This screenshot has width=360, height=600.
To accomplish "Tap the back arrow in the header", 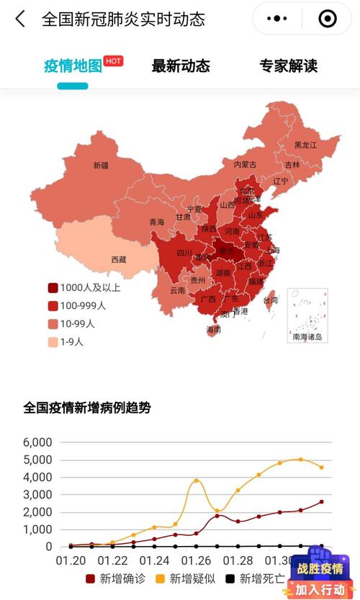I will click(x=19, y=19).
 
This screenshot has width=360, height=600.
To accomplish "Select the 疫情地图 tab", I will click(x=73, y=66).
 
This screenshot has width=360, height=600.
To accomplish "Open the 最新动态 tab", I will click(x=181, y=66).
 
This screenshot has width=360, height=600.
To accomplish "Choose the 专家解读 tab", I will click(x=289, y=66).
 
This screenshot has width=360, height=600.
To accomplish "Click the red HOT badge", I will click(x=113, y=61).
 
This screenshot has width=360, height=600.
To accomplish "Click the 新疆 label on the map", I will click(x=101, y=165).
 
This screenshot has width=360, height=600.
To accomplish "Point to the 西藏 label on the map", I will click(x=118, y=259).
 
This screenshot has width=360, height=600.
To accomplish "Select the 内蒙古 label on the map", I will click(x=245, y=164).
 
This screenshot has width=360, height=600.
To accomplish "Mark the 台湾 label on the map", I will click(x=270, y=300).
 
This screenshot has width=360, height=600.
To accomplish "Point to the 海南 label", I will click(x=214, y=329).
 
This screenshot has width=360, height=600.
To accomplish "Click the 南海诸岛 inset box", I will click(x=307, y=315).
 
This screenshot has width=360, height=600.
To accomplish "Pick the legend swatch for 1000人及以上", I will click(x=53, y=287).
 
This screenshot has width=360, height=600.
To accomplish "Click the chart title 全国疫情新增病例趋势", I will click(x=87, y=408).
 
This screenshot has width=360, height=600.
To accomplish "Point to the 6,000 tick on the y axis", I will click(x=37, y=442).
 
